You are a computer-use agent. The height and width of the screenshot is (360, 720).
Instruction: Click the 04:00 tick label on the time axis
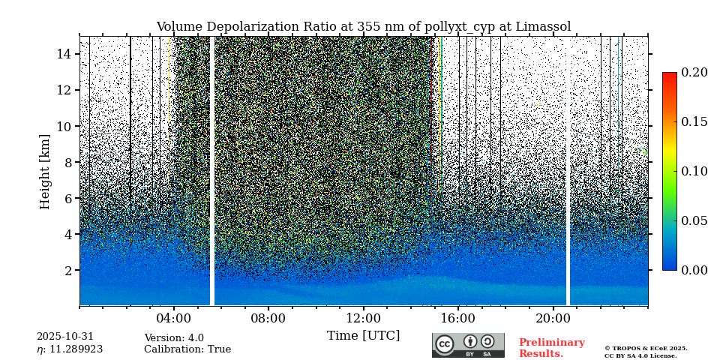(174, 318)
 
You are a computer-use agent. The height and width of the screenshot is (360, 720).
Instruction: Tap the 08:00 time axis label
(268, 318)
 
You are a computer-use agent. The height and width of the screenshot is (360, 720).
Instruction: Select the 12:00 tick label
(363, 318)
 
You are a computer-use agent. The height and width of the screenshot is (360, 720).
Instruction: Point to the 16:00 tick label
(457, 318)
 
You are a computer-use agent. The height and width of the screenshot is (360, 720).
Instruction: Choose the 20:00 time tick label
(553, 318)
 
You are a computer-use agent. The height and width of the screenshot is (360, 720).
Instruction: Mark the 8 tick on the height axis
(67, 162)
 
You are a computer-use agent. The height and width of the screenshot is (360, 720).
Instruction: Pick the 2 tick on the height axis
(67, 270)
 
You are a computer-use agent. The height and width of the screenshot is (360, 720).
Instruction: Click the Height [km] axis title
(45, 171)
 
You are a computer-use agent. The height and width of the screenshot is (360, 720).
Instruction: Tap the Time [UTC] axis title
(363, 335)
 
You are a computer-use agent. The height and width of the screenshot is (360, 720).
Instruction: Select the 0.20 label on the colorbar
(694, 72)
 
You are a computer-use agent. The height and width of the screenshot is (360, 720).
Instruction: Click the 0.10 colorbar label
(694, 171)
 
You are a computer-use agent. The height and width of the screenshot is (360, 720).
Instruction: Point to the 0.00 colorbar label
(694, 270)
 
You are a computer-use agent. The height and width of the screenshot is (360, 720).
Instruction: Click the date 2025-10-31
(65, 337)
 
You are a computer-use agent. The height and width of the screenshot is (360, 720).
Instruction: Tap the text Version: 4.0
(174, 338)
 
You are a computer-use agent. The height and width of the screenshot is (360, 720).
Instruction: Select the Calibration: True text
(187, 349)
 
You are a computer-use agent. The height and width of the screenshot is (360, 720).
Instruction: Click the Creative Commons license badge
(468, 345)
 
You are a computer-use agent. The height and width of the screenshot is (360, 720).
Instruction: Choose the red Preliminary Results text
(551, 348)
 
